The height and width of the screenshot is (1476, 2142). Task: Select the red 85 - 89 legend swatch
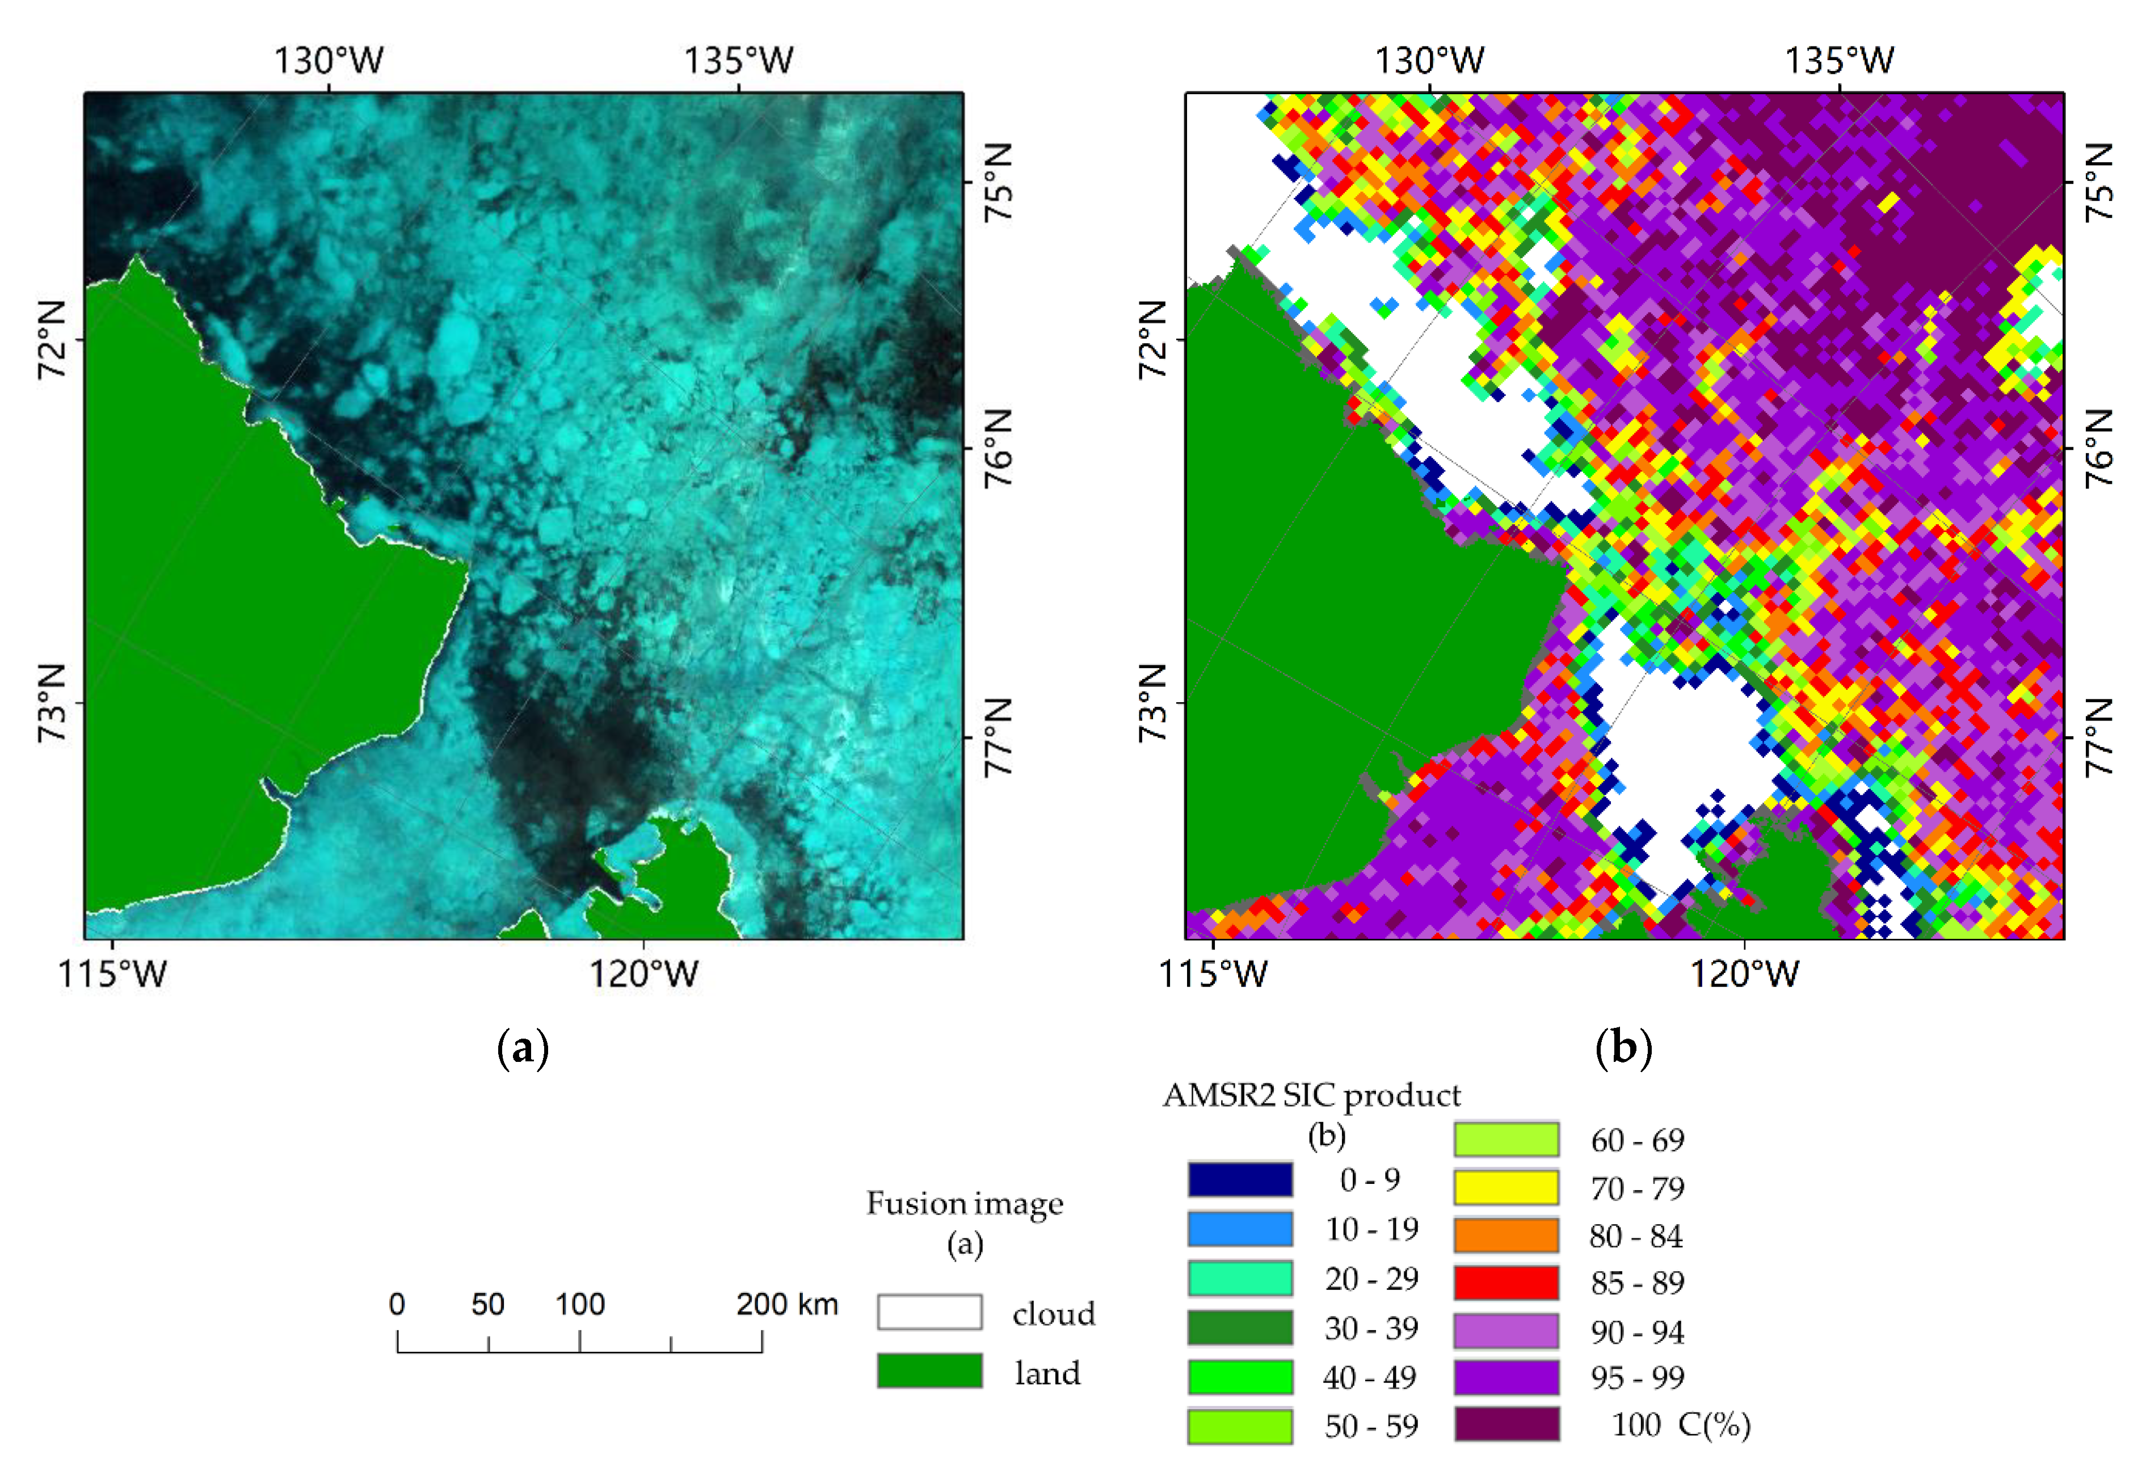pyautogui.click(x=1506, y=1283)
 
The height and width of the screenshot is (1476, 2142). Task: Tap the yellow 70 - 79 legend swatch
pyautogui.click(x=1506, y=1187)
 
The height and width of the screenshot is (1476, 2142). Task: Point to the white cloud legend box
pyautogui.click(x=929, y=1312)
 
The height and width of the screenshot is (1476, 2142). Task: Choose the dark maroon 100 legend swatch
pyautogui.click(x=1506, y=1424)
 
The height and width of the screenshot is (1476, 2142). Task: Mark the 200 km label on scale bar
pyautogui.click(x=787, y=1304)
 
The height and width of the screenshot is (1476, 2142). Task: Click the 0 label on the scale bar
pyautogui.click(x=397, y=1304)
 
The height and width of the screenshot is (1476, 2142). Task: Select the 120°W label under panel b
pyautogui.click(x=1744, y=974)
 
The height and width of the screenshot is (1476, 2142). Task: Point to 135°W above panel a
pyautogui.click(x=738, y=61)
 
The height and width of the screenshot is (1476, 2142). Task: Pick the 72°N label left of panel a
pyautogui.click(x=53, y=339)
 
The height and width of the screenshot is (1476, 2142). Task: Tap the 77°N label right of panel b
pyautogui.click(x=2099, y=737)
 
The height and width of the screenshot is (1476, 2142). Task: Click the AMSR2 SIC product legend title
pyautogui.click(x=1311, y=1095)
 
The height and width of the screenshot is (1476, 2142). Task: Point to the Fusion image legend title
pyautogui.click(x=965, y=1203)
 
